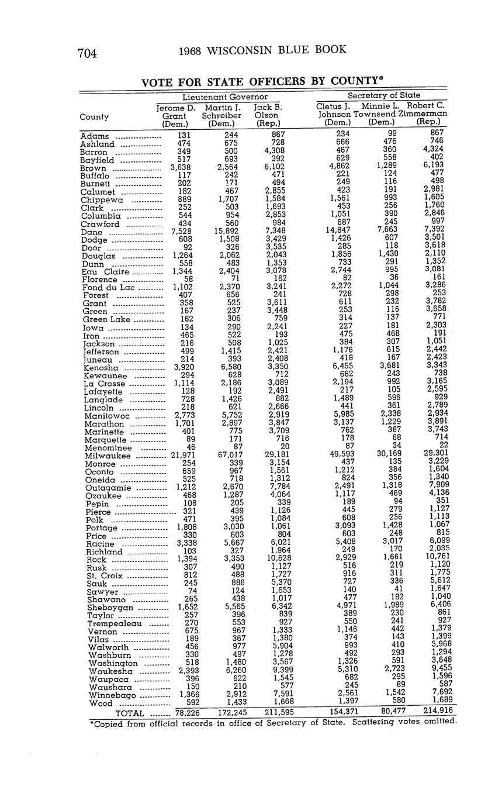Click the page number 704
86,53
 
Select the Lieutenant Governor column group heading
225,96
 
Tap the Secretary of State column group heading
383,95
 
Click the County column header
94,117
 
